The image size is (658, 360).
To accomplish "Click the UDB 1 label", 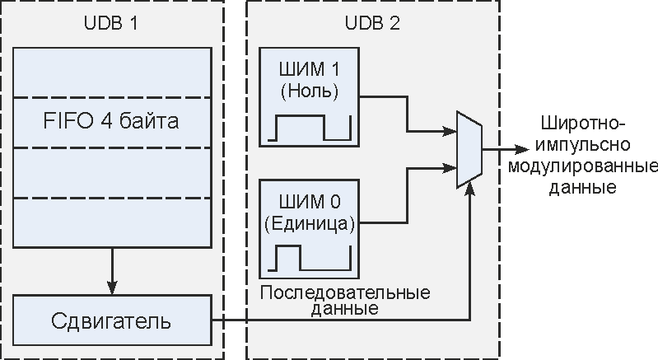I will tap(112, 23).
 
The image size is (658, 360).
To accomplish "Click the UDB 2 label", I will tap(372, 23).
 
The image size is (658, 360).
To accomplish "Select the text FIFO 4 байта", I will tap(112, 122).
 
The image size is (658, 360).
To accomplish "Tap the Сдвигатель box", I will tap(112, 320).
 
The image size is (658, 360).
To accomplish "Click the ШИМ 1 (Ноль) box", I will tap(309, 96).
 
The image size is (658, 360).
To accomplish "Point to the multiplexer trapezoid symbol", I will tap(469, 151).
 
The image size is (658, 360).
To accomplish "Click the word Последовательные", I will tap(345, 293).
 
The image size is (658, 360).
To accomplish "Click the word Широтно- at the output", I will tap(583, 124).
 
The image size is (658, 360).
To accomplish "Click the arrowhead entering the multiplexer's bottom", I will tap(469, 189).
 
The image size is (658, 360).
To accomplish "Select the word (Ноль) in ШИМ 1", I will tap(309, 89).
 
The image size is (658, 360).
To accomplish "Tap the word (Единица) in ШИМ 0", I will tap(308, 222).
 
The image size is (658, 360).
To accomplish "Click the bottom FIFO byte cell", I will tap(112, 222).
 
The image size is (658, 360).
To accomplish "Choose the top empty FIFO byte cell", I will tap(112, 72).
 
